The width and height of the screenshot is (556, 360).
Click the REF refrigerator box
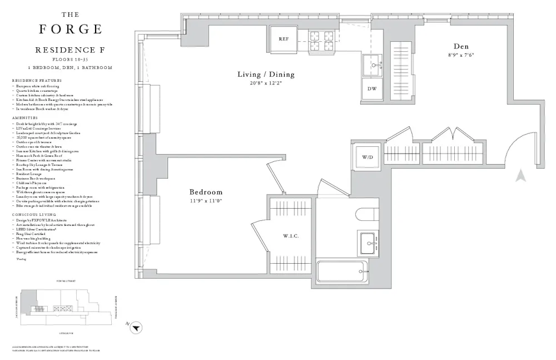284,40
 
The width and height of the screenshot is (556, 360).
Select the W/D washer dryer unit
368,157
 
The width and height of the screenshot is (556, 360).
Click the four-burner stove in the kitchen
322,41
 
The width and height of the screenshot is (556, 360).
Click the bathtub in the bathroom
342,272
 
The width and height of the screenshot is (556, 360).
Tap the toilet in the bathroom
366,214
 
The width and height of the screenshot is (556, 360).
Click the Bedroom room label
206,192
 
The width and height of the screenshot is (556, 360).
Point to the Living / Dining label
266,75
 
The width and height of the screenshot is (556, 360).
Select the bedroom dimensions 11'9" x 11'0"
206,201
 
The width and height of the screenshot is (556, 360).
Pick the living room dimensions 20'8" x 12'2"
266,83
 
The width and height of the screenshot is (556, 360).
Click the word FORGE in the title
71,29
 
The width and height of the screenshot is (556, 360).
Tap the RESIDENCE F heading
71,50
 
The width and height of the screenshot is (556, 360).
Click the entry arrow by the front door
520,176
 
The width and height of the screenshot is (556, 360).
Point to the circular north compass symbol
135,329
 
